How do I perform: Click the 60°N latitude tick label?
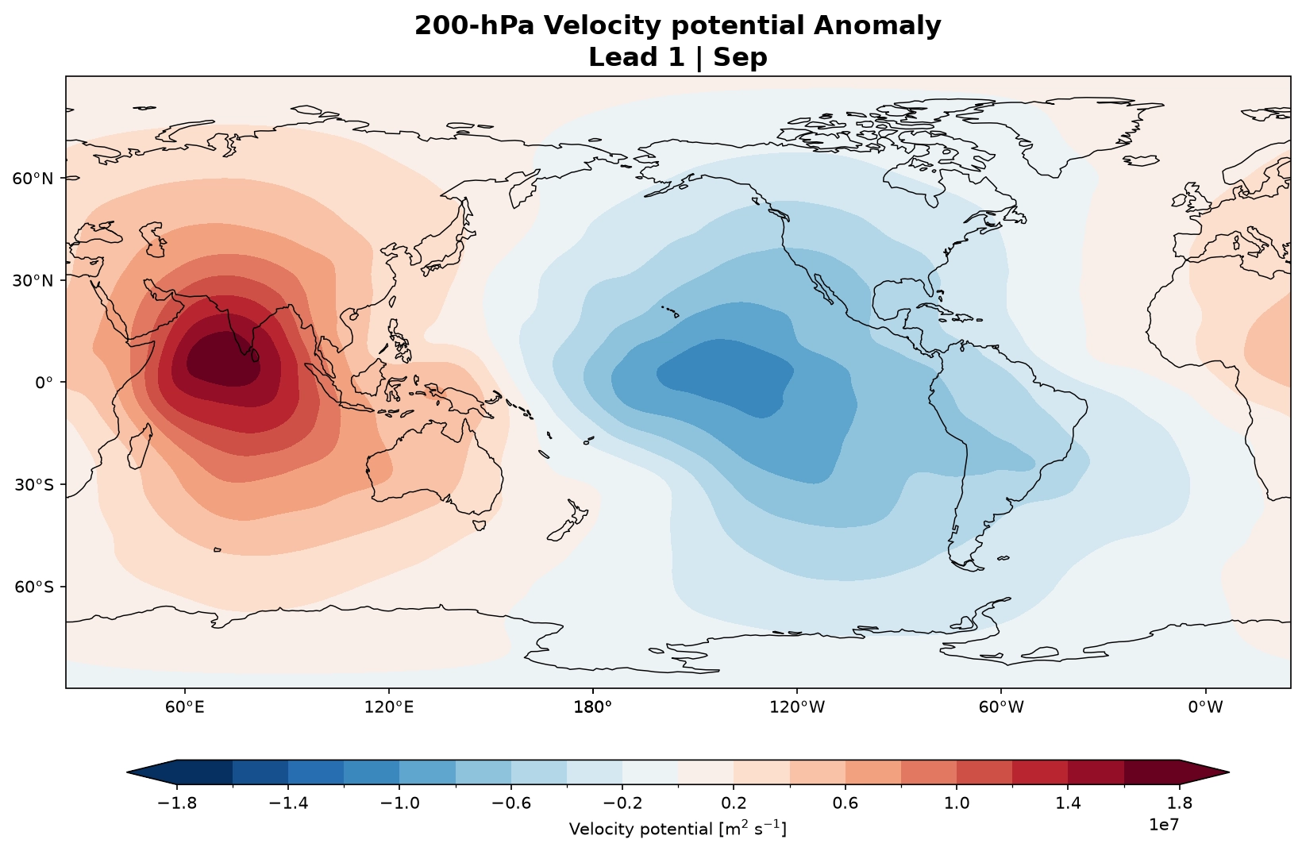(x=33, y=179)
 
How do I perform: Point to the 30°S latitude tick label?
(x=33, y=485)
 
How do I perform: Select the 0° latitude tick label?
(x=44, y=383)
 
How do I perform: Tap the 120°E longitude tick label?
(x=390, y=707)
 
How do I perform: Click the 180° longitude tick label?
(x=593, y=707)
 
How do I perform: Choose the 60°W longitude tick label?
(x=1001, y=707)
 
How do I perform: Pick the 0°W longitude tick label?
(x=1205, y=707)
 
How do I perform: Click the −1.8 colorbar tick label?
(x=177, y=803)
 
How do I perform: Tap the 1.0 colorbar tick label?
(x=957, y=803)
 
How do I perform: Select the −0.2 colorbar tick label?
(x=622, y=803)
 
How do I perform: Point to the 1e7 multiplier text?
(x=1164, y=825)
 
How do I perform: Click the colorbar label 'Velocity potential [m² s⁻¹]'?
(x=678, y=829)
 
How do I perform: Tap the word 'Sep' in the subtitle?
(x=741, y=57)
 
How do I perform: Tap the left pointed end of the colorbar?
(x=127, y=772)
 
